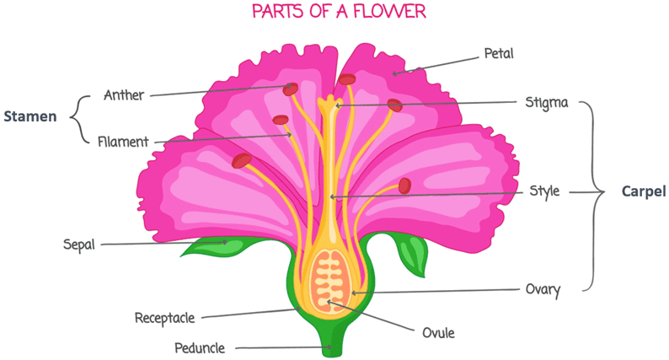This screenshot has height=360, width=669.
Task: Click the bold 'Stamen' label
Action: click(x=29, y=117)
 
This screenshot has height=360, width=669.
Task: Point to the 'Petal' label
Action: click(x=498, y=54)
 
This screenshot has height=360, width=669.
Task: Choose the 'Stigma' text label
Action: click(x=546, y=103)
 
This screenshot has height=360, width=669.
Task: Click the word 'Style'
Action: click(x=543, y=191)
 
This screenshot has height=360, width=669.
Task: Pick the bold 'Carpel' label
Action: click(x=644, y=192)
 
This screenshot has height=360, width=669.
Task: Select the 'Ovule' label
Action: click(x=438, y=332)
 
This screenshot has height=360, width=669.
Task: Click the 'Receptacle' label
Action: click(x=165, y=318)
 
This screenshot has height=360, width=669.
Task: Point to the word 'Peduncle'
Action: click(x=201, y=347)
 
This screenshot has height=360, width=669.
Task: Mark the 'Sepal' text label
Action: click(x=79, y=245)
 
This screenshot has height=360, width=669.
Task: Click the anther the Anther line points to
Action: click(x=291, y=89)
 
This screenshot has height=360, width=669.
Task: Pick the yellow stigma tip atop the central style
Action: click(x=329, y=105)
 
